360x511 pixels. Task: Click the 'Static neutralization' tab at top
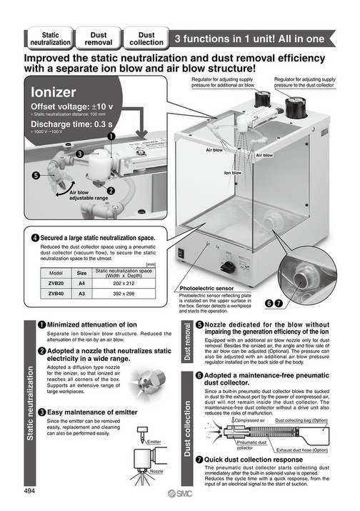(x=50, y=38)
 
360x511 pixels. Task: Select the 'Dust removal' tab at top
(x=99, y=38)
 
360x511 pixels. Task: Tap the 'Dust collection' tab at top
(x=146, y=38)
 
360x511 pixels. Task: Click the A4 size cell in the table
(x=82, y=282)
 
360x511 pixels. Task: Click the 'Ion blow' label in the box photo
(x=233, y=172)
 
